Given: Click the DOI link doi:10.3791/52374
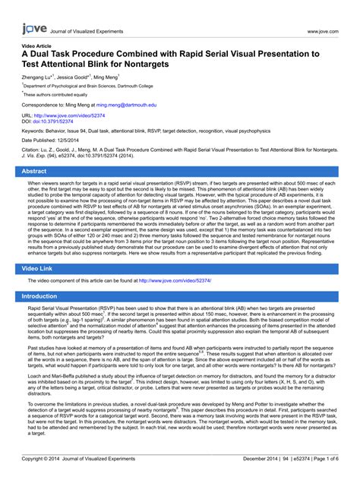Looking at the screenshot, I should point(53,122).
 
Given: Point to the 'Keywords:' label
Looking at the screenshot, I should point(33,132).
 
